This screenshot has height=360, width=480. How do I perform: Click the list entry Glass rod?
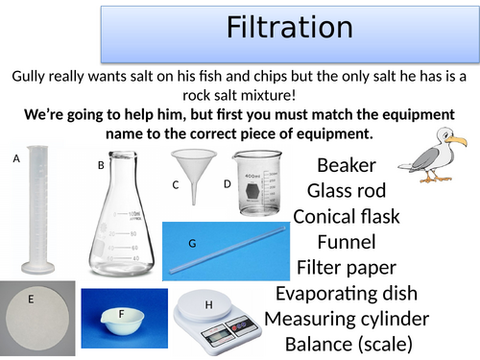tap(347, 190)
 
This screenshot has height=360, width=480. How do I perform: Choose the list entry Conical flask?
tap(347, 216)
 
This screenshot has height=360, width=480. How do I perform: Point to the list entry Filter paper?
tap(347, 267)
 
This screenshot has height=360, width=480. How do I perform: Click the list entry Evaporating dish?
tap(347, 293)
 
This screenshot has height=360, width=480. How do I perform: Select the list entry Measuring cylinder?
tap(347, 318)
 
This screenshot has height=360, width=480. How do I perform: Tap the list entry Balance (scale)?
tap(347, 343)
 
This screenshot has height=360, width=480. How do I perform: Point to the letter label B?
tap(101, 165)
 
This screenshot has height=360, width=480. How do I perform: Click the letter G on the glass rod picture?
tap(192, 243)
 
